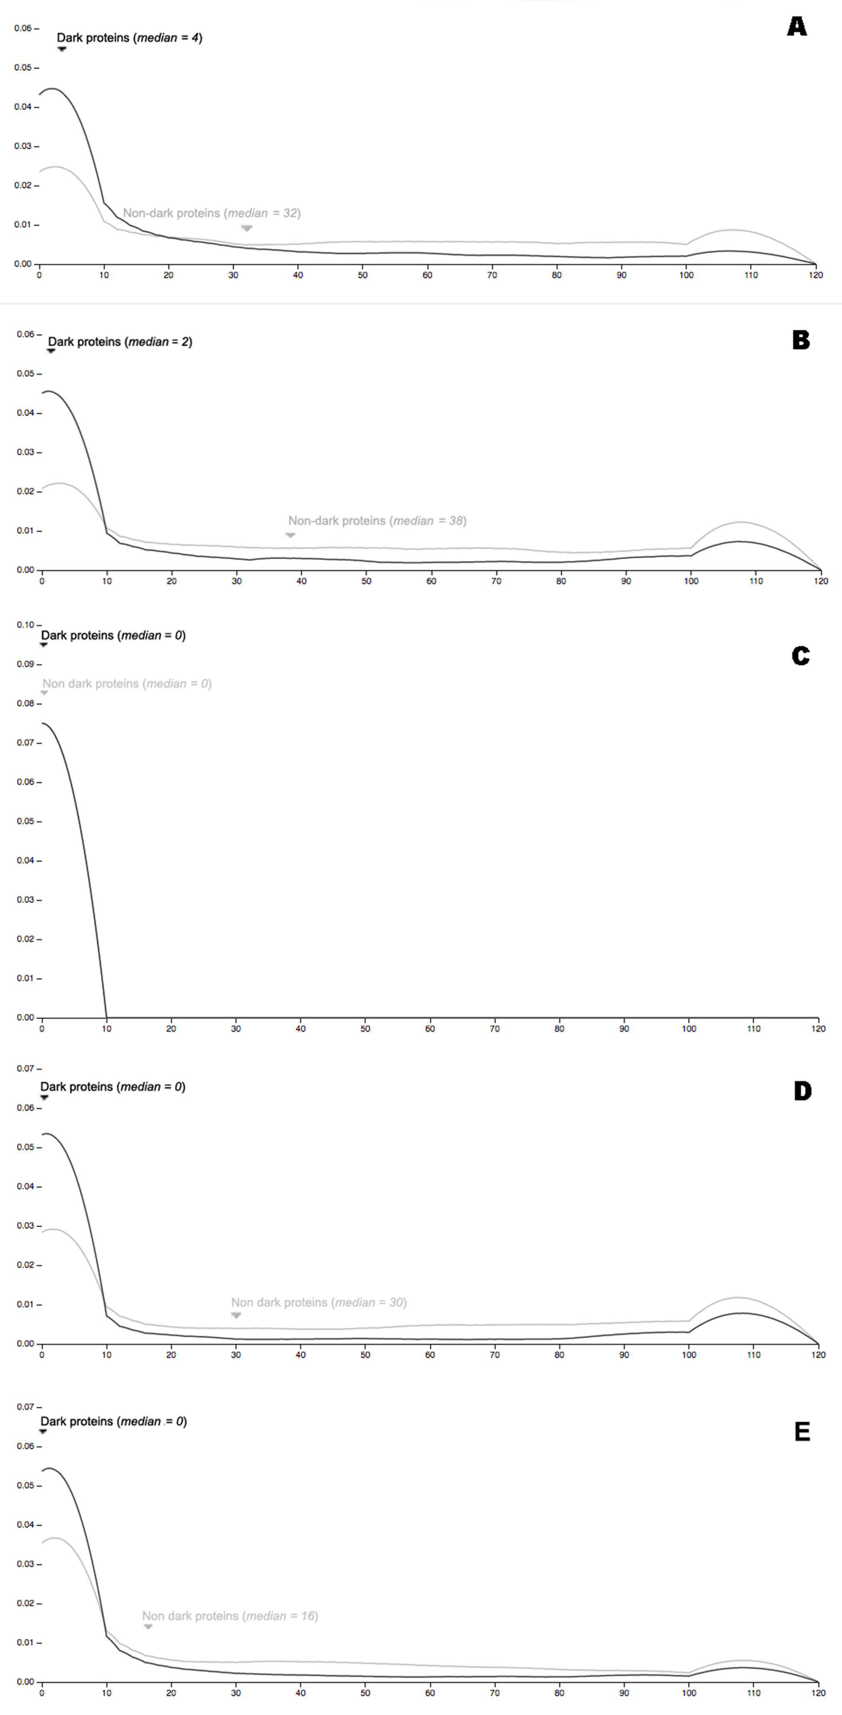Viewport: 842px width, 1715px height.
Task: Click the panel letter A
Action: [797, 27]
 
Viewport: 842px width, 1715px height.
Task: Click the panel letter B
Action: [801, 340]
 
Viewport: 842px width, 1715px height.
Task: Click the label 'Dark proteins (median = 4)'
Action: [129, 38]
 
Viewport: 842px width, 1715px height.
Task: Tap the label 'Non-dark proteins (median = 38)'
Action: [377, 521]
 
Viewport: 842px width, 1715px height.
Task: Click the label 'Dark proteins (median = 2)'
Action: [120, 342]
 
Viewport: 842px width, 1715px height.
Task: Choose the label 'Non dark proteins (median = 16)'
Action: [230, 1616]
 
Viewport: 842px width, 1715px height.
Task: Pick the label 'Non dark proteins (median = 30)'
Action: [318, 1302]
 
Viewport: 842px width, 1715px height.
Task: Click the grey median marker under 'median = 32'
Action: [246, 228]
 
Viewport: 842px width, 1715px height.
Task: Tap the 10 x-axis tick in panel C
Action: [106, 1029]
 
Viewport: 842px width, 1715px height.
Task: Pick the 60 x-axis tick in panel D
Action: [430, 1354]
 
